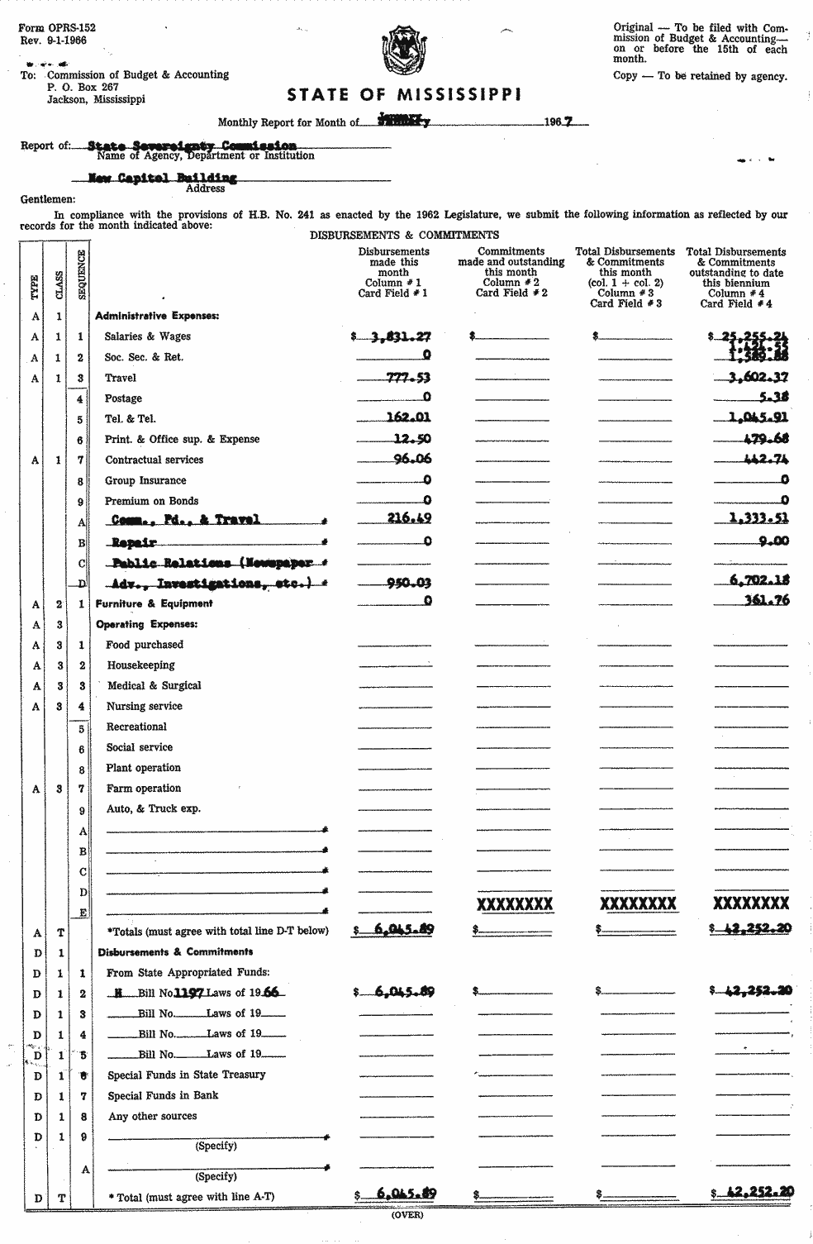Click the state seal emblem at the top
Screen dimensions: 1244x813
(x=406, y=53)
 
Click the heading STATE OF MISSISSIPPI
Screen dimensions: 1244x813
(x=404, y=95)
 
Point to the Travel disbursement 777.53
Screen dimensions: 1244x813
(x=408, y=378)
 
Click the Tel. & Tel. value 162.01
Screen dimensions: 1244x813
(x=408, y=418)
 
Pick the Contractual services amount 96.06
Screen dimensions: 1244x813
(x=412, y=459)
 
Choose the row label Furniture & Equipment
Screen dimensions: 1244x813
(x=154, y=603)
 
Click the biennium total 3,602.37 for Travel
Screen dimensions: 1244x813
(x=753, y=378)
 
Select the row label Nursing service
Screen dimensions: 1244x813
(x=144, y=706)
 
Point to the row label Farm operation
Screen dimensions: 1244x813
(x=143, y=788)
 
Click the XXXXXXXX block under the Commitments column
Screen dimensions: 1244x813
(x=515, y=903)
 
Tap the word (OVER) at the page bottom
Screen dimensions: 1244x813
(x=406, y=1214)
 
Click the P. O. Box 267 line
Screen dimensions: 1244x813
(x=83, y=87)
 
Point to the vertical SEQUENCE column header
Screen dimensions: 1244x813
(x=82, y=274)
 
